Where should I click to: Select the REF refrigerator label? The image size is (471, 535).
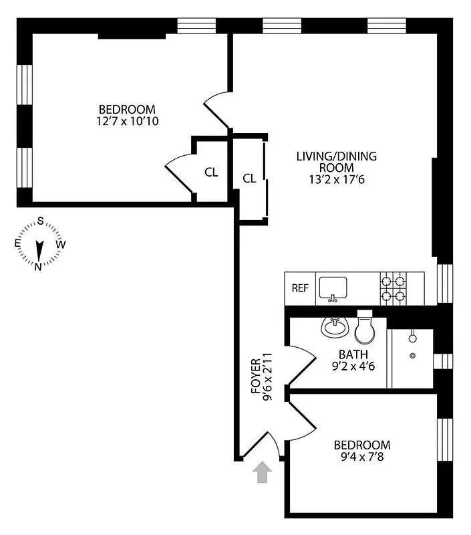[x=301, y=289]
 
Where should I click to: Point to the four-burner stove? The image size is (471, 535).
[x=394, y=288]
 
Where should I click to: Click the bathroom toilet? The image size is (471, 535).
[x=365, y=327]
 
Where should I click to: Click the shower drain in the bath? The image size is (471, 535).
[x=412, y=356]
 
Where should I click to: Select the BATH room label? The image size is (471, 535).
[x=353, y=354]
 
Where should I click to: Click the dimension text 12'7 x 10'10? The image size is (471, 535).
[x=127, y=121]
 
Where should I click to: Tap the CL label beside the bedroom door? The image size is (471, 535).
[x=211, y=172]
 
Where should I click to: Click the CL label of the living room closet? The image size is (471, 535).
[x=249, y=178]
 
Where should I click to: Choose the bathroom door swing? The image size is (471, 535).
[x=302, y=364]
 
